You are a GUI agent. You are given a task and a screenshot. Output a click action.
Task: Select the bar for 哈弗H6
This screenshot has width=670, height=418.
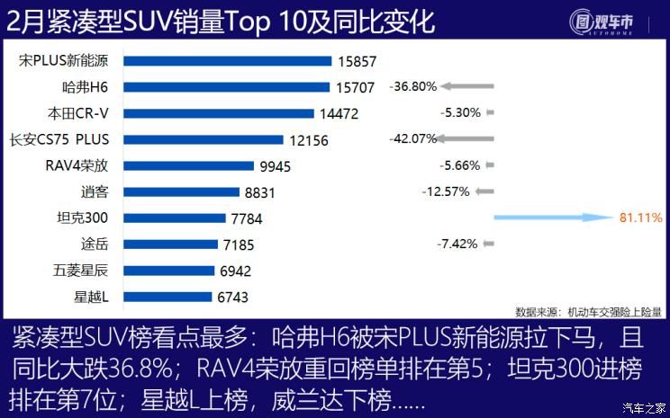226,87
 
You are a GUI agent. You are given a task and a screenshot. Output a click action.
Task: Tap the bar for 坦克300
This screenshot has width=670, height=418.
174,218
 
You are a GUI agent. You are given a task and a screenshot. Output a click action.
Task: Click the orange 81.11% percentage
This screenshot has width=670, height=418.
640,218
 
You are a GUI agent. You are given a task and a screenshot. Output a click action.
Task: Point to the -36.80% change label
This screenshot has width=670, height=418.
413,87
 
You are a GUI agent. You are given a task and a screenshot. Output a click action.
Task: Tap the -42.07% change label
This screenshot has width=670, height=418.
413,139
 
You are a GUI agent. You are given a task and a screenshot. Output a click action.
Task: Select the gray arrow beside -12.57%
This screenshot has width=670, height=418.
484,191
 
